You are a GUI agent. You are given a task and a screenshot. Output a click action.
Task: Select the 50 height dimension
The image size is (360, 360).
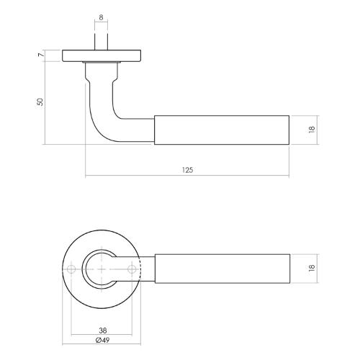tap(41, 102)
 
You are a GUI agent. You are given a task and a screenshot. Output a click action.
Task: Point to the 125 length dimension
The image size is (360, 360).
tap(187, 170)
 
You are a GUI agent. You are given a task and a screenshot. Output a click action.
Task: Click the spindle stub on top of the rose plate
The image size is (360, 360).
tap(101, 41)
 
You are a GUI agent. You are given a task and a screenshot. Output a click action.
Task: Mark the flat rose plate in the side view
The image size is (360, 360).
tap(101, 55)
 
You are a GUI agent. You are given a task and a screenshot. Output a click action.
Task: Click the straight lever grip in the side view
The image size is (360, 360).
tap(223, 130)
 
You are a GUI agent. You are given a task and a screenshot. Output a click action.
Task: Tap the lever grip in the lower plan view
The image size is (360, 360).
tap(223, 268)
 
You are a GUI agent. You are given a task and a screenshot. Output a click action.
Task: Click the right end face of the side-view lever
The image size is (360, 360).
tap(289, 130)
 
